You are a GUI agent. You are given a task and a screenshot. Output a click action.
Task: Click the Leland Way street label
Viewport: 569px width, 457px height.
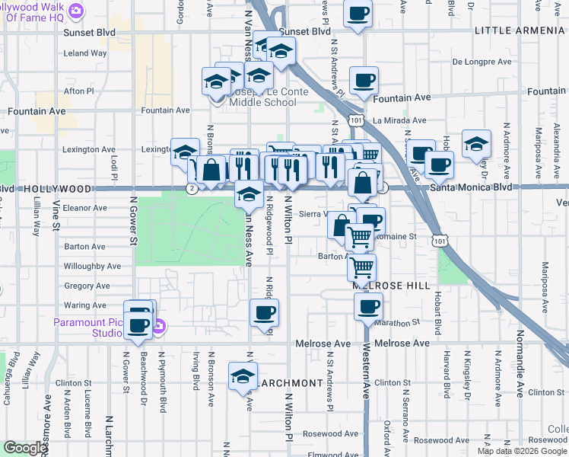85,53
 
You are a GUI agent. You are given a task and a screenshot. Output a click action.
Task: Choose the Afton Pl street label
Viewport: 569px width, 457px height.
78,91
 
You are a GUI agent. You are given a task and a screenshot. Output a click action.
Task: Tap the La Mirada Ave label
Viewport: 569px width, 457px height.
399,120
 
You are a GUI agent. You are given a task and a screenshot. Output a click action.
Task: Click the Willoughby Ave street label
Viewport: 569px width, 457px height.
92,267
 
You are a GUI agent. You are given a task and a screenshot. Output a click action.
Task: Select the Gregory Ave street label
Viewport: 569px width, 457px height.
87,286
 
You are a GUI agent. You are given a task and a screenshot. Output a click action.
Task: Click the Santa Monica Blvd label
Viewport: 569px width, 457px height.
460,187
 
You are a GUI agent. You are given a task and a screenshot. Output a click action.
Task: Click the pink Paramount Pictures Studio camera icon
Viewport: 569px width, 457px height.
158,328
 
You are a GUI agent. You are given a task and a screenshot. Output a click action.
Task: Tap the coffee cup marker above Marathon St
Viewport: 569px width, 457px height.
368,307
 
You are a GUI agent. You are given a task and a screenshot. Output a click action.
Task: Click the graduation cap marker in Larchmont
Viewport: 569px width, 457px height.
243,377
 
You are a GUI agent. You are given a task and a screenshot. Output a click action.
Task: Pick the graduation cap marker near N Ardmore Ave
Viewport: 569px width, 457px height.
476,145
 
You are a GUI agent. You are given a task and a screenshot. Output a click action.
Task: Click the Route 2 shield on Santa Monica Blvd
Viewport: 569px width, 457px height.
194,187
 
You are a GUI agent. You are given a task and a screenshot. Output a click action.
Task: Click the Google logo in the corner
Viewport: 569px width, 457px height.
25,448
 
